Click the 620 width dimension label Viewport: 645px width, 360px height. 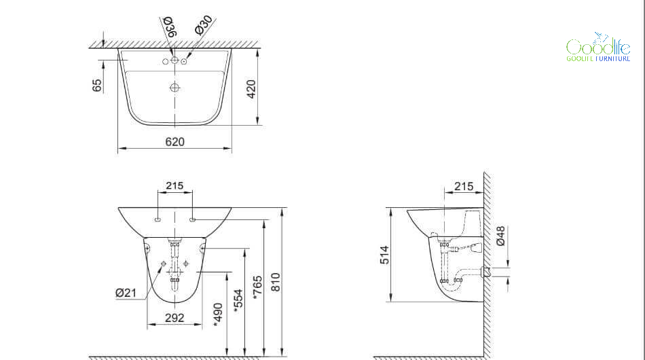pyautogui.click(x=174, y=142)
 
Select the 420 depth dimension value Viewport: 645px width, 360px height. pyautogui.click(x=251, y=89)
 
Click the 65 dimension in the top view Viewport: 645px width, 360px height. pyautogui.click(x=96, y=86)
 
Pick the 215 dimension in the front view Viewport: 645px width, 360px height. pyautogui.click(x=174, y=186)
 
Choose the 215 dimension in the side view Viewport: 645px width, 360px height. pyautogui.click(x=464, y=186)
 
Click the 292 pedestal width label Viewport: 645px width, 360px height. pyautogui.click(x=174, y=318)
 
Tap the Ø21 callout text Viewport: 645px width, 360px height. pyautogui.click(x=126, y=293)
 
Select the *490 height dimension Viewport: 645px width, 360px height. pyautogui.click(x=218, y=315)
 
